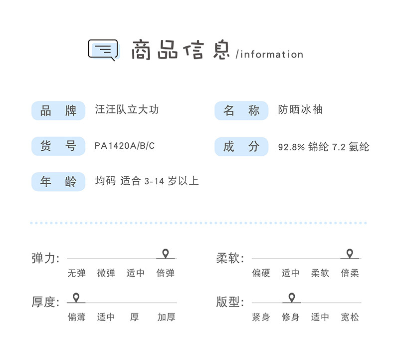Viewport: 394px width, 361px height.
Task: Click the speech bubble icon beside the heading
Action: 103,50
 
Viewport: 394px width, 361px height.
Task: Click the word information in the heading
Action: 272,54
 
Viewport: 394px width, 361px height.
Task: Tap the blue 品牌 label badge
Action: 58,110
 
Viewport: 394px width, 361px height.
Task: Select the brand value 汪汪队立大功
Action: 127,109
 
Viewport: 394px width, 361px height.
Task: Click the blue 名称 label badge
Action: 241,110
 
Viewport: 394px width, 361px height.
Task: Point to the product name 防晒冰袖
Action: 300,109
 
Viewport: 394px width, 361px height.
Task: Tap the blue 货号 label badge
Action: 58,146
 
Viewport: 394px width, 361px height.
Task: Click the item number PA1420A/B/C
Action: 125,146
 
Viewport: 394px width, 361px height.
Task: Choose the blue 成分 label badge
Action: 241,146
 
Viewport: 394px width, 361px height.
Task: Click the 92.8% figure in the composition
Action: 291,147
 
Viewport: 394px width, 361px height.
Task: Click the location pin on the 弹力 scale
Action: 166,254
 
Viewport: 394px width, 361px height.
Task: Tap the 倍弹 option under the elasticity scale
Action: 166,273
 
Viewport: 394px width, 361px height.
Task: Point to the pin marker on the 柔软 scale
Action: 350,254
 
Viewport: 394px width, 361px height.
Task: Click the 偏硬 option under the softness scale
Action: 261,273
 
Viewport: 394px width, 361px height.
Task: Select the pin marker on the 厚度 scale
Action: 76,298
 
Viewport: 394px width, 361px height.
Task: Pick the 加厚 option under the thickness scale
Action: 166,317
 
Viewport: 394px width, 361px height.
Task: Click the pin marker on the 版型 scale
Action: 291,298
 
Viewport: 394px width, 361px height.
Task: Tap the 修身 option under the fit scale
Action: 290,317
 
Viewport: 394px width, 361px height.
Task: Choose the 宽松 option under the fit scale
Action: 350,317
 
